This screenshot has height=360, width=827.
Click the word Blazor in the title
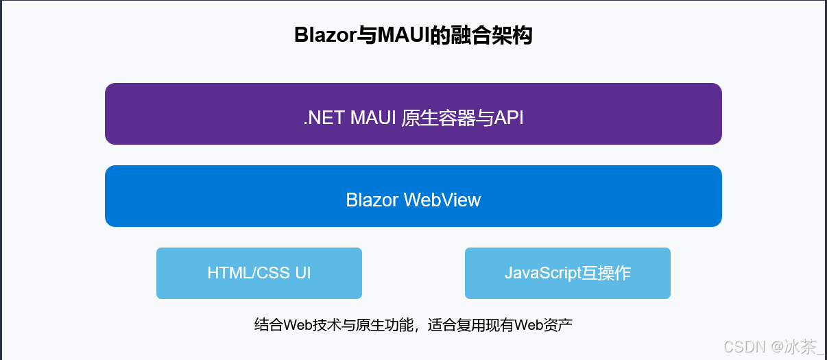(324, 35)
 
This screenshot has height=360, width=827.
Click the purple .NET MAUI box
(413, 114)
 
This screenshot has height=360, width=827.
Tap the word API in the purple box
(509, 118)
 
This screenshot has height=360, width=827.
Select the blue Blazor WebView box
(413, 196)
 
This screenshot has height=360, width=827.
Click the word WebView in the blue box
(442, 200)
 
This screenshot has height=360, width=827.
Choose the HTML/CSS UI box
(259, 273)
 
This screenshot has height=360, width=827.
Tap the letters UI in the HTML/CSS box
(302, 273)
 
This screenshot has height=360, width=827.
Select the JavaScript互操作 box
(567, 273)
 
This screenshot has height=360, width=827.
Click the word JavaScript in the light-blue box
(543, 273)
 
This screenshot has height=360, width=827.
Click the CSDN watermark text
(745, 346)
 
